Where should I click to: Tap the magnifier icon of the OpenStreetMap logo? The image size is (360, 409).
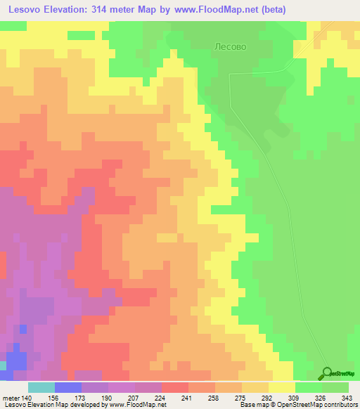tap(328, 373)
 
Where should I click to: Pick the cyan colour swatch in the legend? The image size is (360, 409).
tap(41, 387)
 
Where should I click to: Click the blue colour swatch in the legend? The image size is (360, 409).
tap(67, 387)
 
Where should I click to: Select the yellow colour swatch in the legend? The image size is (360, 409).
tap(282, 387)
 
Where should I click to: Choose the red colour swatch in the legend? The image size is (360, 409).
tap(175, 387)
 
